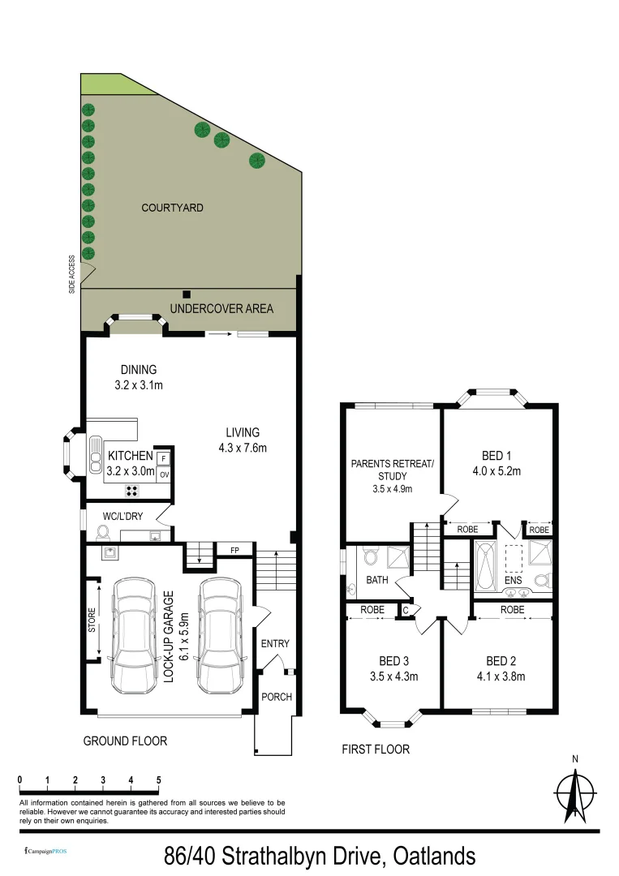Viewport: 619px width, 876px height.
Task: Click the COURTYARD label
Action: (172, 208)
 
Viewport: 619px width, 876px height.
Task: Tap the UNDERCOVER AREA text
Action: (221, 309)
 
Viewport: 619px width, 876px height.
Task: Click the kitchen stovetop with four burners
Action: (131, 490)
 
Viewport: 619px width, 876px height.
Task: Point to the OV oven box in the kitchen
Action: (164, 474)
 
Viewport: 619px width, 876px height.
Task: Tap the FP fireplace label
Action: (235, 550)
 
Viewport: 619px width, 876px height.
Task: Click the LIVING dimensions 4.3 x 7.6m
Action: (243, 447)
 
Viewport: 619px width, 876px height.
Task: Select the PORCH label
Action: (276, 697)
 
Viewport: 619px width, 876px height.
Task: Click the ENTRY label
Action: (275, 644)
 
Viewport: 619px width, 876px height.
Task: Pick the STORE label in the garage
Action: (92, 620)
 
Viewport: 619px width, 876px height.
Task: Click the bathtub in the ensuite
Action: (485, 565)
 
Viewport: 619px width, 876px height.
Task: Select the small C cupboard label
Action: (406, 610)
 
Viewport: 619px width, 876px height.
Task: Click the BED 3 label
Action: (393, 660)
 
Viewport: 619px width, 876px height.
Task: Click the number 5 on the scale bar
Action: (158, 780)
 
